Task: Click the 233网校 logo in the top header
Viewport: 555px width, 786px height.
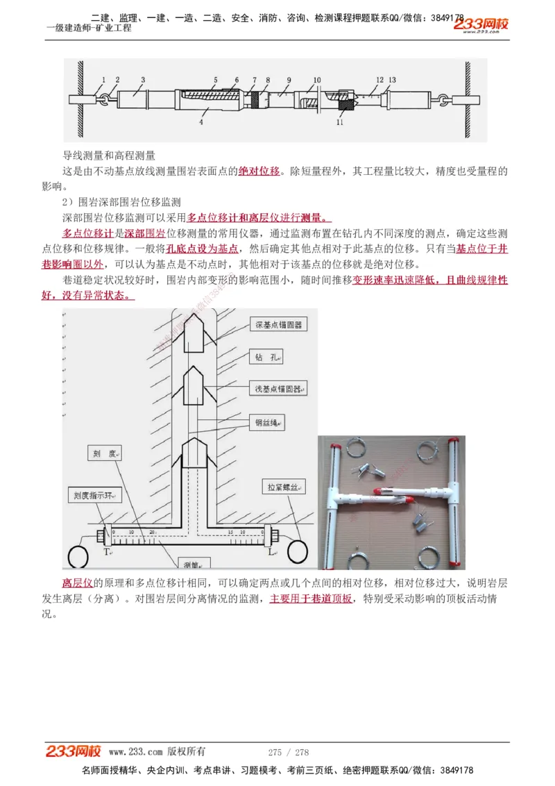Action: tap(481, 25)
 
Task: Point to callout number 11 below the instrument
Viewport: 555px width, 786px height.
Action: tap(339, 122)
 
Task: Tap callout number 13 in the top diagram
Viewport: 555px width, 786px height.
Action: tap(393, 80)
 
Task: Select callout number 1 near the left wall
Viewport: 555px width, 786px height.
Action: tap(103, 80)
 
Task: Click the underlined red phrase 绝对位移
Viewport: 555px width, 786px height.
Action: tap(259, 172)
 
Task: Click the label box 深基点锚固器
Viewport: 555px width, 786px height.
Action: tap(277, 325)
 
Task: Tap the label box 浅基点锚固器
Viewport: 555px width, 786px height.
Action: tap(277, 389)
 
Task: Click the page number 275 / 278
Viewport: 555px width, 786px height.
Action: tap(288, 752)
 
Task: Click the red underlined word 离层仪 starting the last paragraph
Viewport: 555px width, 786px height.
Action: tap(77, 582)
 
